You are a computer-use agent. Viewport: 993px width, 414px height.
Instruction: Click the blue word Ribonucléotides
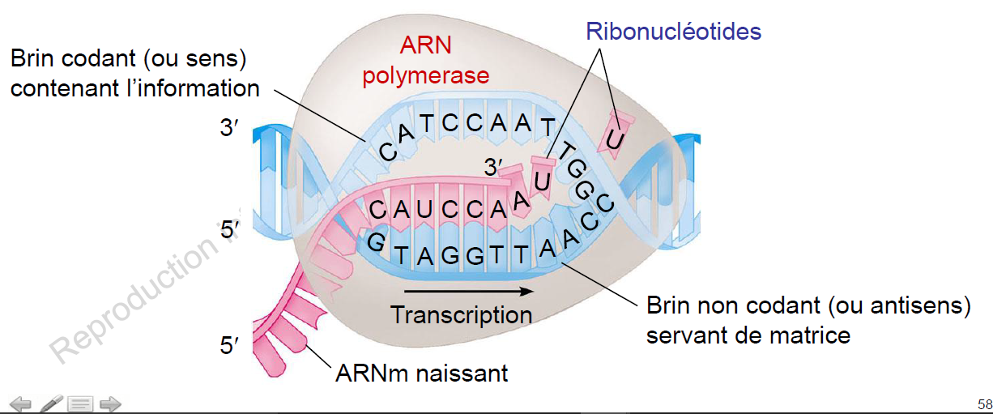point(674,32)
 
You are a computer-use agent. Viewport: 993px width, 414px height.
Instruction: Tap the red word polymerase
point(426,76)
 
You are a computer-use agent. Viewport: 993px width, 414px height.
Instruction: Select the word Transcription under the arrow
point(461,314)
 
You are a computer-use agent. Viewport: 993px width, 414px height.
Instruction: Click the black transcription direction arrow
point(462,289)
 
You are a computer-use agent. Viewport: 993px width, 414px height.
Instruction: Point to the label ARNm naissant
point(422,373)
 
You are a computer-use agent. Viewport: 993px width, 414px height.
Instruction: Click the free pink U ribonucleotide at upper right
point(616,137)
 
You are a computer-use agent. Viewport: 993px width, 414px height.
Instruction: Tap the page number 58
point(984,404)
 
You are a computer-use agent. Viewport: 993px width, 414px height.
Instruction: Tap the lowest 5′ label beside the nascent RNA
point(230,347)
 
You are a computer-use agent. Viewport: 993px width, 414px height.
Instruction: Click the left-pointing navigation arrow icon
point(19,403)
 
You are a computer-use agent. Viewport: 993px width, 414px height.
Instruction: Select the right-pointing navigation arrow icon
point(109,403)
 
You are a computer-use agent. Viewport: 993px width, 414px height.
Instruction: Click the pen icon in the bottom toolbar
point(51,403)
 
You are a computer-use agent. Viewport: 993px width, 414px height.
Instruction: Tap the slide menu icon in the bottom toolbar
point(80,403)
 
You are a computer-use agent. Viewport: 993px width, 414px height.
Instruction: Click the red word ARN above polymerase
point(426,47)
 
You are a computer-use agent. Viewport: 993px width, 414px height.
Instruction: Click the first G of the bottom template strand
point(376,242)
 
